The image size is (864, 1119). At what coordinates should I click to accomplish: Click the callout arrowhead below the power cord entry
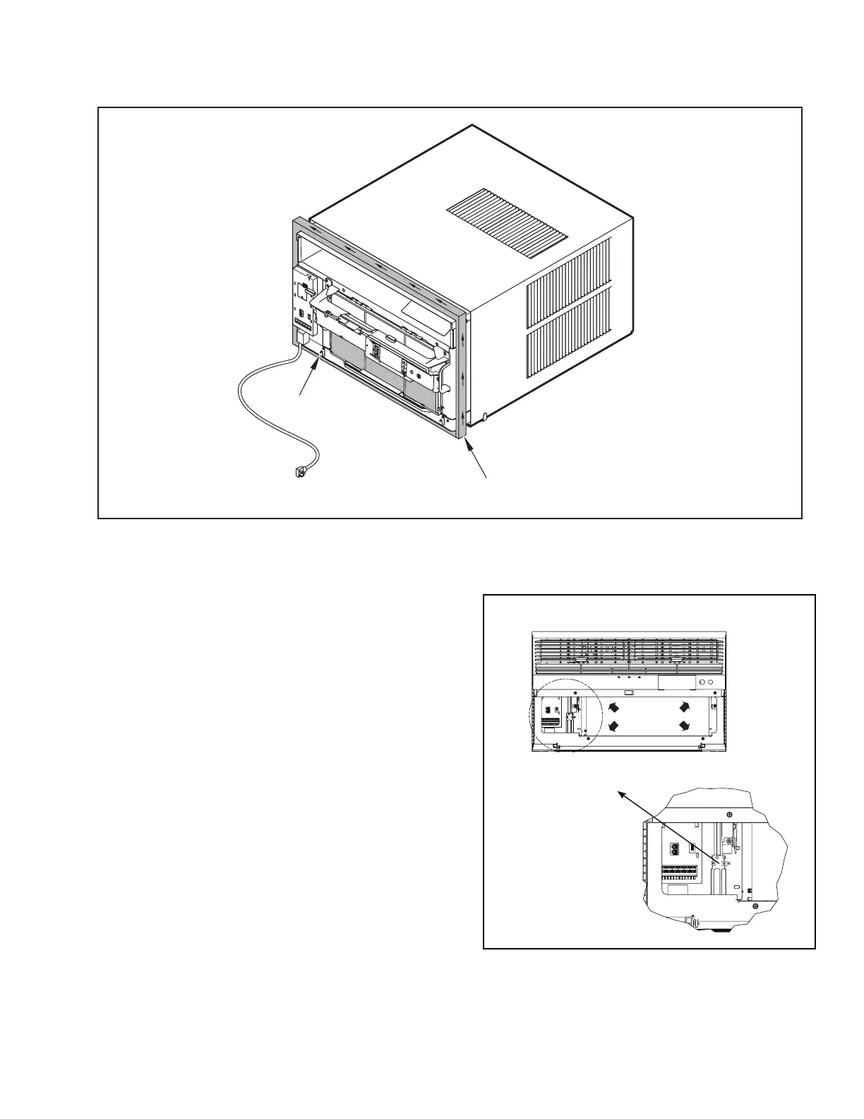[x=316, y=360]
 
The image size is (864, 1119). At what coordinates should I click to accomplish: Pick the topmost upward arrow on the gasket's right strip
[x=463, y=338]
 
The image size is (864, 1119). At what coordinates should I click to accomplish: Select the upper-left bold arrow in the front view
[x=613, y=706]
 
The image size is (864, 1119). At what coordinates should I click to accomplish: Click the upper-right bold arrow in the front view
[x=683, y=706]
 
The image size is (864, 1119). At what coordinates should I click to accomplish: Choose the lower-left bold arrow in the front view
[x=613, y=726]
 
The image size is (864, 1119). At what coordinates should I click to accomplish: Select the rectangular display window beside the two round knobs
[x=676, y=683]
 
